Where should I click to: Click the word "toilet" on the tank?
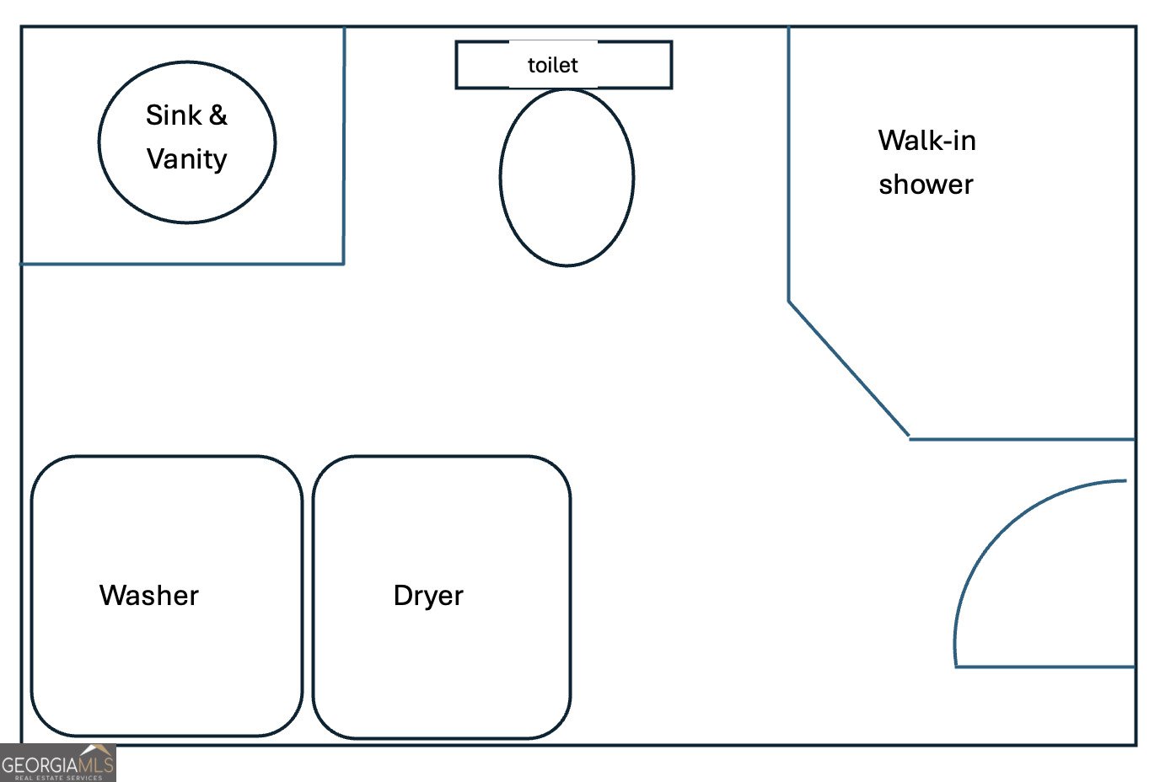(x=552, y=65)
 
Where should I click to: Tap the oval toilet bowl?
(x=567, y=178)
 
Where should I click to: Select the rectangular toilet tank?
(x=481, y=65)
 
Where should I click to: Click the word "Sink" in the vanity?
(x=174, y=115)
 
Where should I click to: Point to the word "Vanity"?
(x=186, y=158)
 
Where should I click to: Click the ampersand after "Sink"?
(x=218, y=115)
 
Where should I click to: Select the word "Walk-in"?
(x=926, y=140)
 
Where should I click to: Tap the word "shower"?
(x=926, y=184)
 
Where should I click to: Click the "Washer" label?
(x=148, y=595)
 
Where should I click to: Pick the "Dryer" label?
(x=428, y=595)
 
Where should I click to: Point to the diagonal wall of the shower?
(x=848, y=369)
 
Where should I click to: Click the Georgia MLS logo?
(x=57, y=763)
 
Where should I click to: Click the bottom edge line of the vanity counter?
(x=182, y=264)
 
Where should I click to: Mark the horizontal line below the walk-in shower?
(x=1022, y=439)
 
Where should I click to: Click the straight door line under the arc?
(x=1045, y=667)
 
